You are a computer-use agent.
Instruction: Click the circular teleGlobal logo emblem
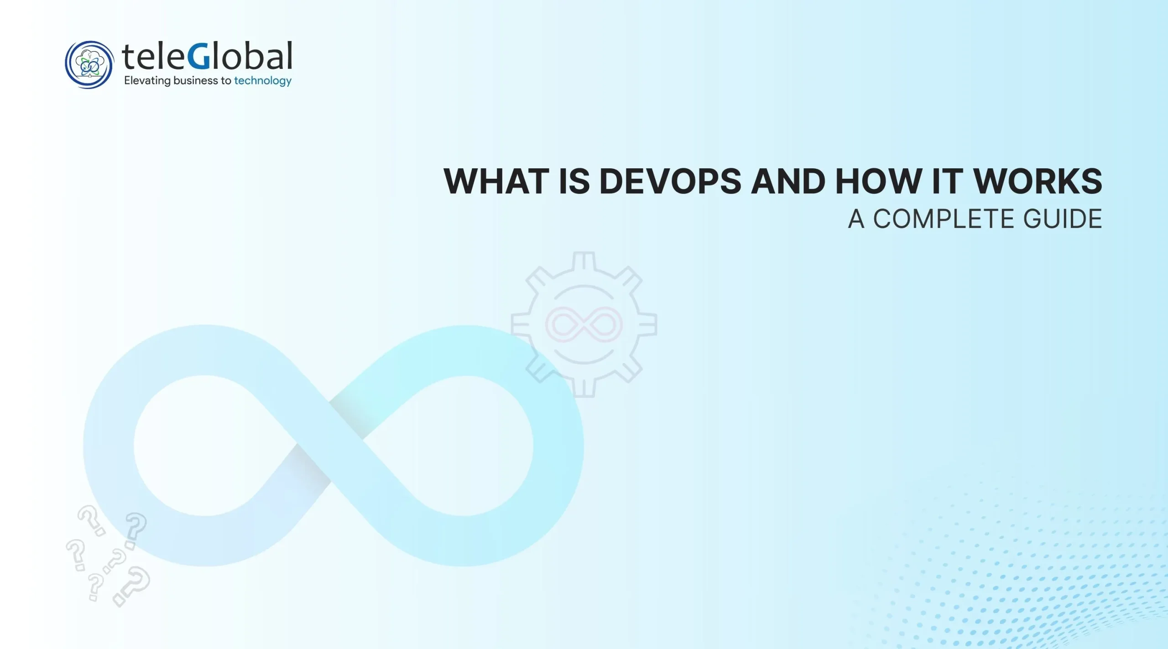pos(89,64)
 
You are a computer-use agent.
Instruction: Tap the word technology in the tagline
pos(263,81)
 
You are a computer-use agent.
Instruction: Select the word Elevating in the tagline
pos(147,81)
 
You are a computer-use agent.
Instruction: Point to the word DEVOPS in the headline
pos(670,182)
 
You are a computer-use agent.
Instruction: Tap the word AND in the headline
pos(788,182)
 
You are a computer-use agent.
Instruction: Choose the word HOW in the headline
pos(878,182)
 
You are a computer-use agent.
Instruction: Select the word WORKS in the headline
pos(1038,182)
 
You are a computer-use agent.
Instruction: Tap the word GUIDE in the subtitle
pos(1063,219)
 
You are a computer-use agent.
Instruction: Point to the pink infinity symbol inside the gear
pos(584,325)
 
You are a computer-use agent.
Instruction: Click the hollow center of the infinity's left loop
pos(205,445)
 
